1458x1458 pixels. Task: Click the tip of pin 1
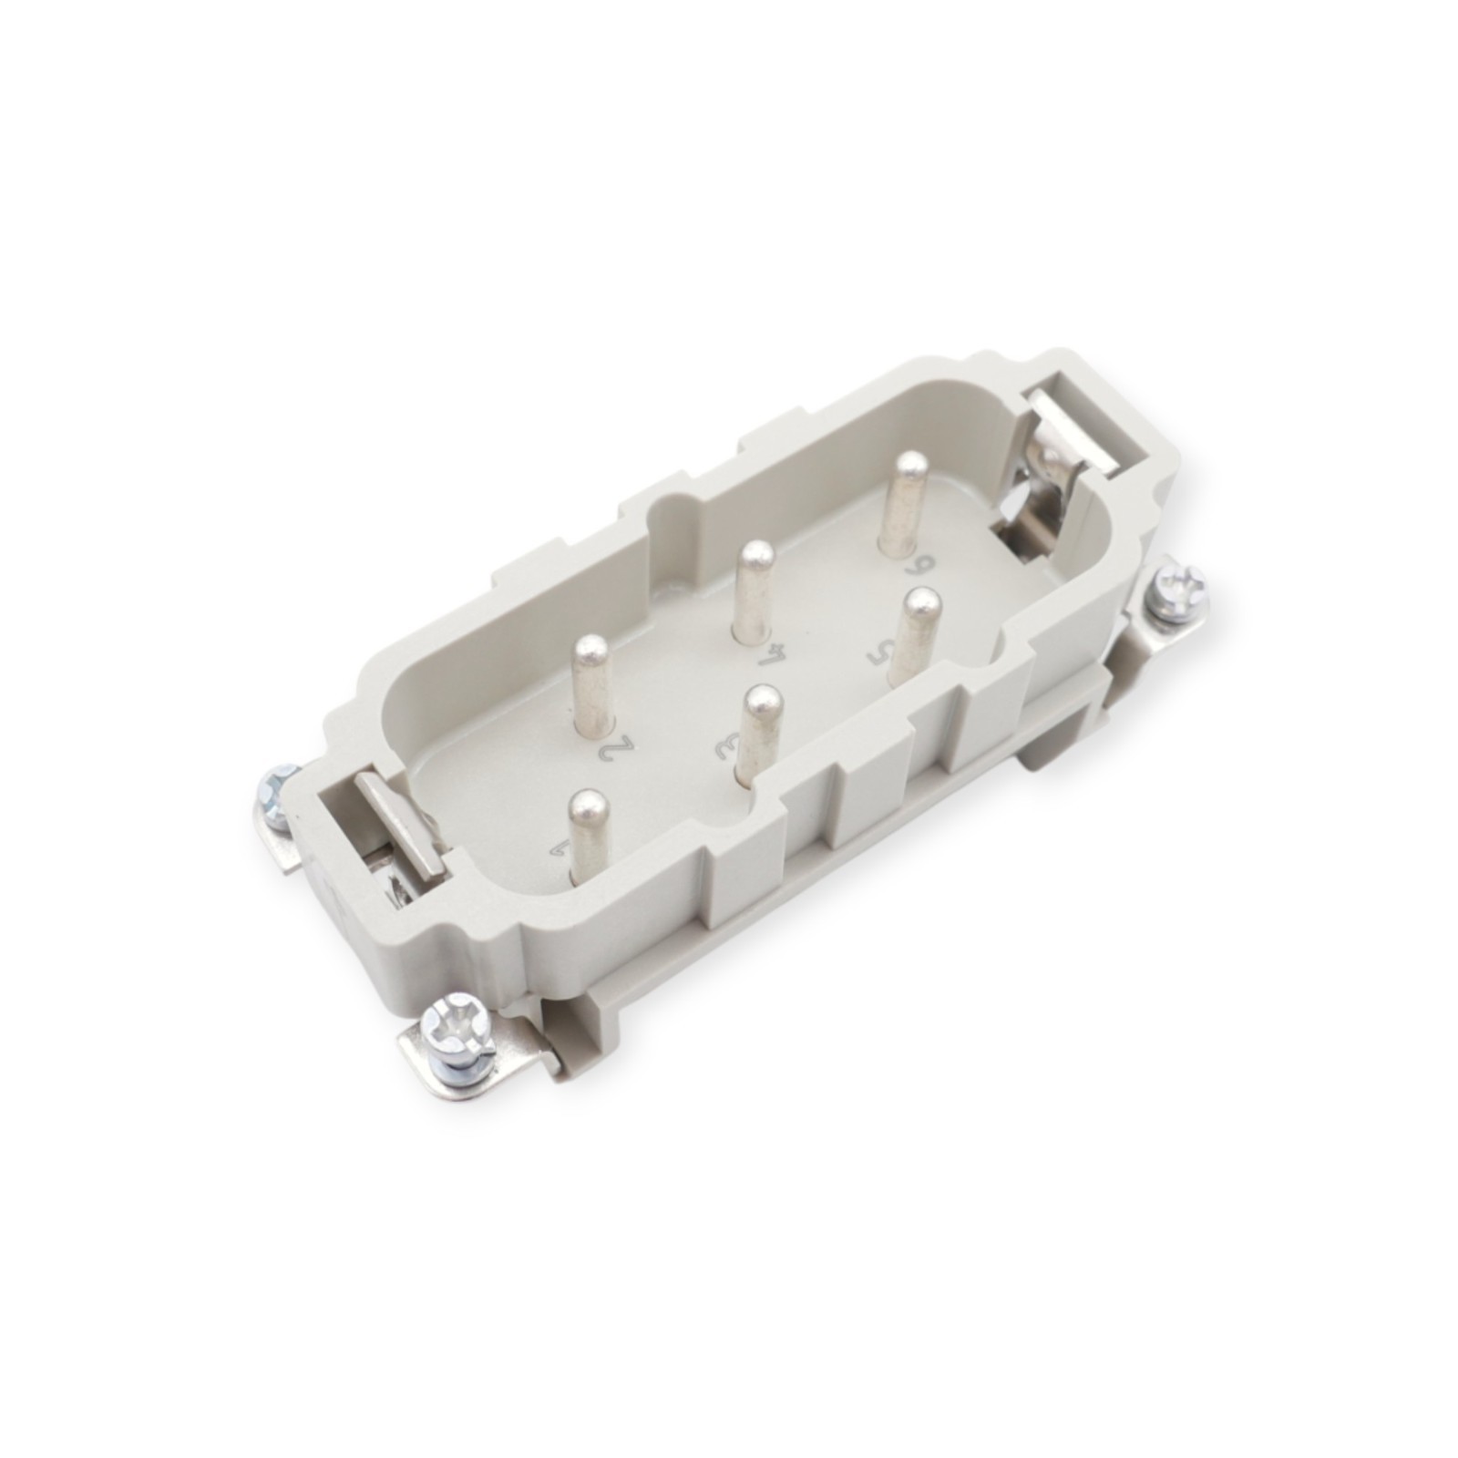[x=589, y=805]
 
